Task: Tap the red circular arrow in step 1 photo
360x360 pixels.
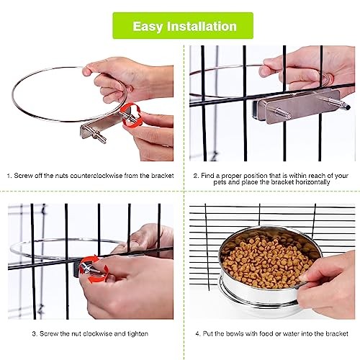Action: click(131, 114)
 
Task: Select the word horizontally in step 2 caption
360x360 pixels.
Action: click(311, 183)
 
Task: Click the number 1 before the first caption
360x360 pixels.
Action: click(9, 176)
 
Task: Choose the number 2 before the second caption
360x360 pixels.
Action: click(195, 176)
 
